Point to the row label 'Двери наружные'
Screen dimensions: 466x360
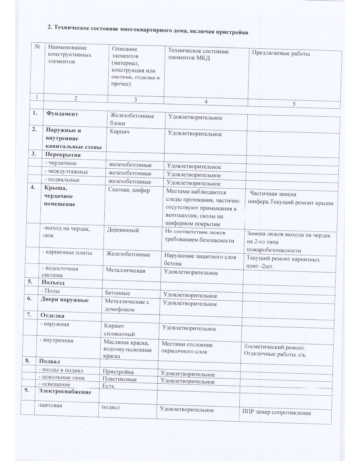click(x=63, y=300)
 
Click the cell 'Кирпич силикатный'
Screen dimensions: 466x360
click(x=119, y=330)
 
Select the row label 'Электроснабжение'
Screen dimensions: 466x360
click(x=64, y=392)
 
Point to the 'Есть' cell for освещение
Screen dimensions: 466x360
click(x=108, y=386)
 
